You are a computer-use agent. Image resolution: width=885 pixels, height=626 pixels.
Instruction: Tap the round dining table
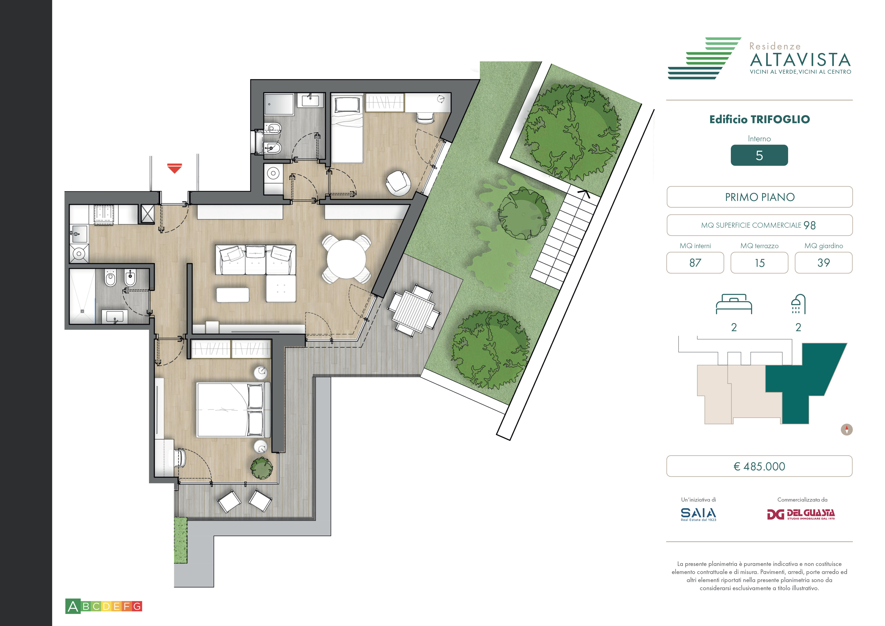click(346, 259)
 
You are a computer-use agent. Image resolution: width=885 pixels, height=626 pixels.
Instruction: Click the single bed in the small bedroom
click(347, 129)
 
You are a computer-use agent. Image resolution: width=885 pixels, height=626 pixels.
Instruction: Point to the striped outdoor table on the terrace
click(414, 311)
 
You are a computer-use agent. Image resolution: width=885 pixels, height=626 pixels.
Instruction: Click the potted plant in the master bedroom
click(262, 468)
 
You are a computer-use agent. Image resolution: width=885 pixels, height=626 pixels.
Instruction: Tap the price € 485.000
click(759, 466)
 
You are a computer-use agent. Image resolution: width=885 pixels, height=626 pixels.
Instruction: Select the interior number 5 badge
click(759, 155)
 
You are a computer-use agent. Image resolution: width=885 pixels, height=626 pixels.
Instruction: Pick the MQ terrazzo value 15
click(759, 263)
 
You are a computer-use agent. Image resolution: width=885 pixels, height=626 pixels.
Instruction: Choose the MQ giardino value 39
click(823, 263)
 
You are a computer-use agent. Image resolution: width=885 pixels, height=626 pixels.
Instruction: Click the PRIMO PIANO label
click(760, 197)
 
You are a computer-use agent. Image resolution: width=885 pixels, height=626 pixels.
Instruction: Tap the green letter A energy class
click(73, 606)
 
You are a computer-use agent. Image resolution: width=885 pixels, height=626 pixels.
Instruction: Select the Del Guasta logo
click(800, 514)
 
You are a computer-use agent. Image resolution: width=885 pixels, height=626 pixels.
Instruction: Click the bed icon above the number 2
click(734, 304)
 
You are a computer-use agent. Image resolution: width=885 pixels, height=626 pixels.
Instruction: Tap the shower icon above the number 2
click(798, 304)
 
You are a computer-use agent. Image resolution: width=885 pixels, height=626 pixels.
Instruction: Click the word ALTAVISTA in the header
click(800, 60)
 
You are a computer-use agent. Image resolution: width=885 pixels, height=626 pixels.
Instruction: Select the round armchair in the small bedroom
click(398, 183)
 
